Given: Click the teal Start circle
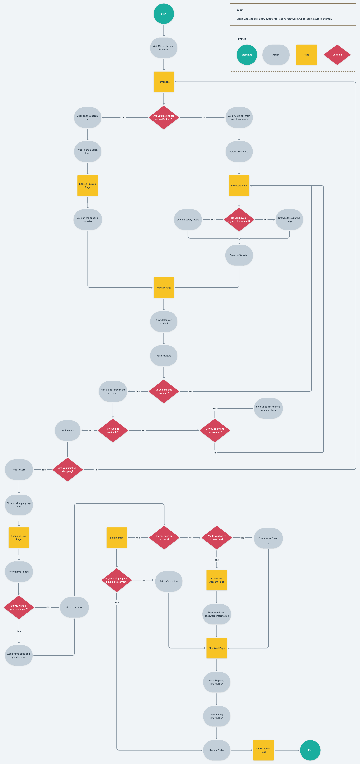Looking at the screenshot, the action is (x=164, y=14).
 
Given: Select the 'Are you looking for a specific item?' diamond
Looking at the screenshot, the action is (x=164, y=117).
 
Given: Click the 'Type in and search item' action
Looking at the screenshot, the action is (x=87, y=152).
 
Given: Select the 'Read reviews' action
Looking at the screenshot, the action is (x=164, y=356).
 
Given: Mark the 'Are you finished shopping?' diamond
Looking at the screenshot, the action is (x=67, y=470).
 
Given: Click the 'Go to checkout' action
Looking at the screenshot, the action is (x=74, y=607).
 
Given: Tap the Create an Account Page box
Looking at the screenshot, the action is (x=217, y=580).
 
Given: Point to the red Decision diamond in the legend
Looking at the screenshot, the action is (x=337, y=55).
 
